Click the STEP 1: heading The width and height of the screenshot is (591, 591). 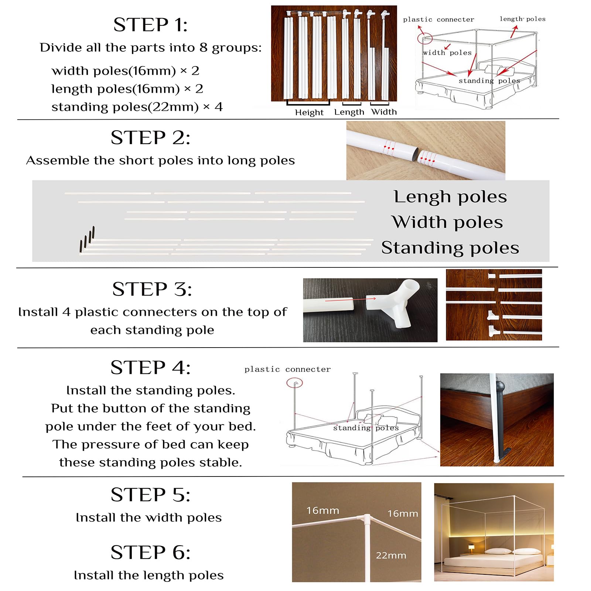click(x=150, y=25)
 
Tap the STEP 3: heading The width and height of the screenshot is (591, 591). click(x=152, y=289)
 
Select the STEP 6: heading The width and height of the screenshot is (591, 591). click(x=151, y=552)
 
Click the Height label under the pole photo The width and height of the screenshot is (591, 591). click(x=309, y=112)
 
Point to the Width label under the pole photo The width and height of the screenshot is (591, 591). click(x=384, y=112)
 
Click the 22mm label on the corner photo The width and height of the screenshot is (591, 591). click(x=391, y=555)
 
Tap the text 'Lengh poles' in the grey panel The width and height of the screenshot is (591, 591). click(x=450, y=197)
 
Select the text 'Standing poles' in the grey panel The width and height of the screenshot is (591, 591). click(x=450, y=248)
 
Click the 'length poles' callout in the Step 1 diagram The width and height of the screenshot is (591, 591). click(x=522, y=19)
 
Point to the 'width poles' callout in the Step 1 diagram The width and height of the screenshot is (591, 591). click(x=447, y=53)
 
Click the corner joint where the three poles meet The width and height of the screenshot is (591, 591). click(x=367, y=519)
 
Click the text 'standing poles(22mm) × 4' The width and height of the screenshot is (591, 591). click(x=137, y=107)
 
